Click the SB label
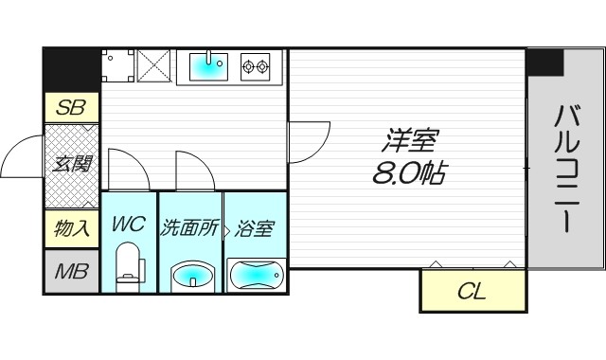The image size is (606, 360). click(x=71, y=108)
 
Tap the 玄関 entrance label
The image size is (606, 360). click(x=71, y=165)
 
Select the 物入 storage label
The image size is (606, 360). click(x=71, y=228)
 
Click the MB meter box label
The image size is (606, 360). click(x=71, y=273)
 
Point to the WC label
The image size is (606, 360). click(x=128, y=226)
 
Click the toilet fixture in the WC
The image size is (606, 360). click(x=128, y=264)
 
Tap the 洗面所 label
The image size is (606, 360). click(x=190, y=228)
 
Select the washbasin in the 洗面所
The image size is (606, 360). click(x=190, y=277)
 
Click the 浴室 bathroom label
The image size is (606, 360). click(x=255, y=228)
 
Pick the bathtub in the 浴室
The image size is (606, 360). click(x=256, y=275)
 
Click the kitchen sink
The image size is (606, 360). click(x=208, y=65)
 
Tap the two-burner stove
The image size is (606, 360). click(x=255, y=65)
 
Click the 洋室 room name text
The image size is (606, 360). click(x=408, y=143)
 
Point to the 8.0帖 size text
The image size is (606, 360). click(x=408, y=174)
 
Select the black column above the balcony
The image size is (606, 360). click(x=544, y=62)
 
